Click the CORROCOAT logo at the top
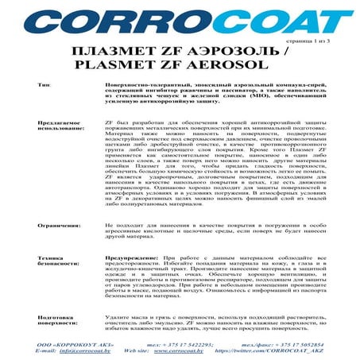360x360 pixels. [180, 21]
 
